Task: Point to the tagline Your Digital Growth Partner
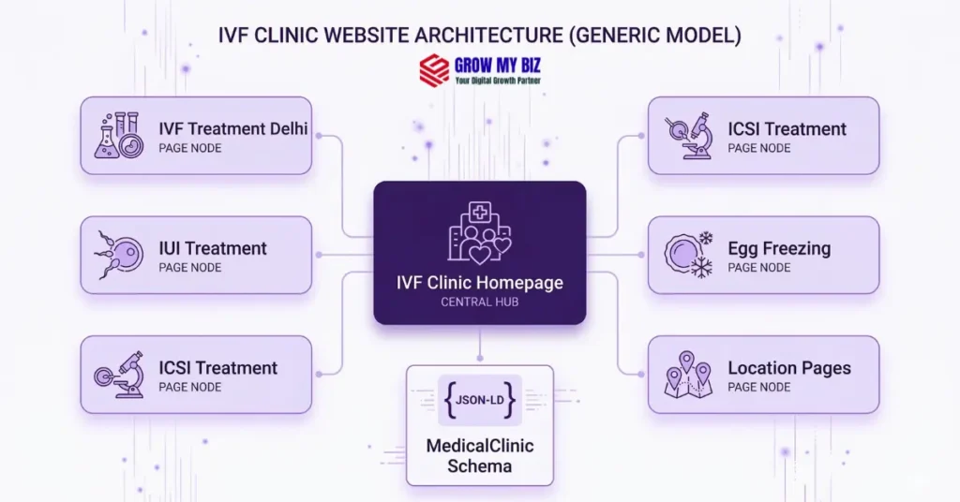coord(498,81)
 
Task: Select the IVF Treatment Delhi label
coord(232,129)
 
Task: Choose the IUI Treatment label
coord(213,248)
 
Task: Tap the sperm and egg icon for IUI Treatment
coord(118,254)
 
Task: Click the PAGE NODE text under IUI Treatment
coord(189,268)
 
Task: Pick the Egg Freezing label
coord(779,248)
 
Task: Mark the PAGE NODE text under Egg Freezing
coord(759,268)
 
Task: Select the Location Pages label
coord(789,368)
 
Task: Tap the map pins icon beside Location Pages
coord(688,374)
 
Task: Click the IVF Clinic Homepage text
coord(480,283)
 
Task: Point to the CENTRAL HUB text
coord(480,302)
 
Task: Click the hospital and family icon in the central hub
coord(480,233)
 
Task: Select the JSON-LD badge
coord(480,400)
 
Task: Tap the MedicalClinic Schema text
coord(480,454)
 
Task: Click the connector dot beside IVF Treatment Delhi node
coord(320,136)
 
